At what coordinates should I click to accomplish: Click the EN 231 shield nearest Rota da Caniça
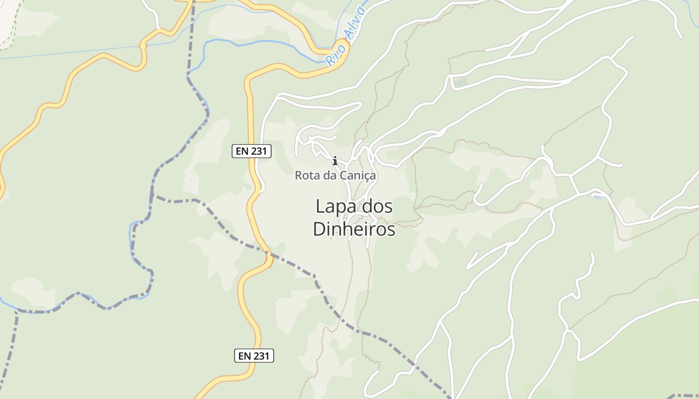coord(252,151)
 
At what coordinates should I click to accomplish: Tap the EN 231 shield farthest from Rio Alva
coord(254,356)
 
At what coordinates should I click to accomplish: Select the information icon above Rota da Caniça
coord(335,161)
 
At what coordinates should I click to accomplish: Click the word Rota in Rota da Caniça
coord(306,176)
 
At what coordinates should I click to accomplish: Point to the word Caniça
coord(357,176)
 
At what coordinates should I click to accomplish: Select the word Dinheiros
coord(354,229)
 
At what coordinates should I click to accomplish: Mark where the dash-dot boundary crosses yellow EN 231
coord(269,255)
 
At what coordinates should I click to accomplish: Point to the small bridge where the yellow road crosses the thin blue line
coord(142,45)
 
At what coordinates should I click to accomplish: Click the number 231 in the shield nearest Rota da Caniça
coord(259,151)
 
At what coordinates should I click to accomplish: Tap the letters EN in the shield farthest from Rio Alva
coord(245,356)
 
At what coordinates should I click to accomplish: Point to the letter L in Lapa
coord(320,206)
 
